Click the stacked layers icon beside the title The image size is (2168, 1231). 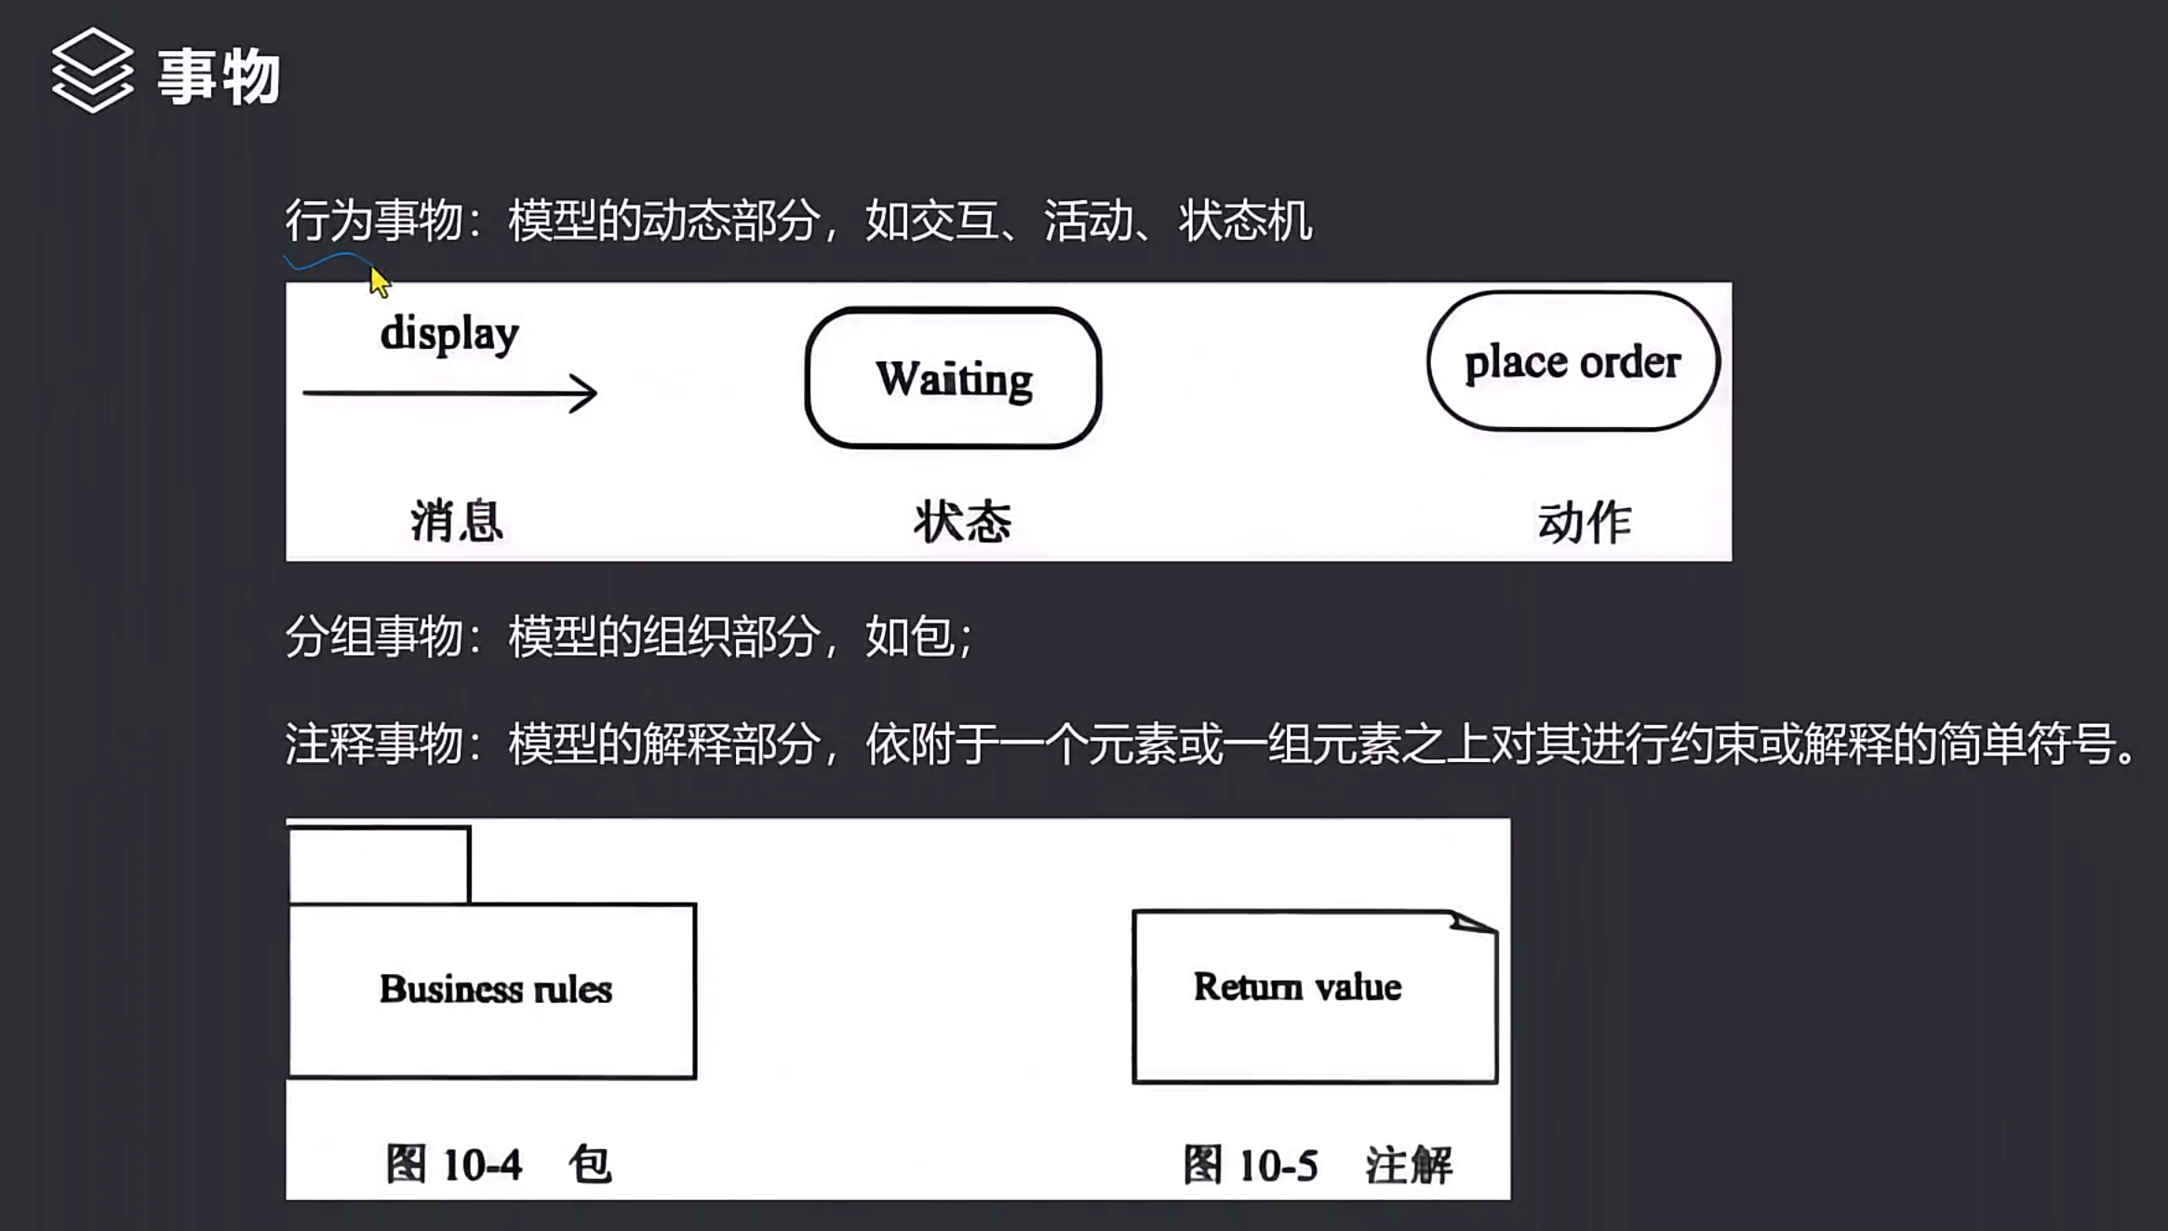click(92, 71)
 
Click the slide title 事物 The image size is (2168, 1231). click(219, 76)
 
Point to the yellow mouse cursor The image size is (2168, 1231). click(379, 281)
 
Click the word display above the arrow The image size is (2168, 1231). click(449, 333)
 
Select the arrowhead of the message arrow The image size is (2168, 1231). click(585, 394)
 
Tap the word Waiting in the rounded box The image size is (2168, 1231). click(954, 379)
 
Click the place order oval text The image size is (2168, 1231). click(1572, 362)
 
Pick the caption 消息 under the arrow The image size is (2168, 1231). click(457, 520)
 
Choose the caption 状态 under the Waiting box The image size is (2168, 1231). click(962, 521)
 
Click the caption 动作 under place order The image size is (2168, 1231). click(1584, 522)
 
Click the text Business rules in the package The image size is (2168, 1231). click(495, 989)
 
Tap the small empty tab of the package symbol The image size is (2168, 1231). click(380, 865)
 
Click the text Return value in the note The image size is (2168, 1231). click(1297, 986)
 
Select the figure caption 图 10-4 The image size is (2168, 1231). click(454, 1164)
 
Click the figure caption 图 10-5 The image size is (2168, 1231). click(1251, 1165)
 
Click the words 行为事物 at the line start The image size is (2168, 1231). click(373, 221)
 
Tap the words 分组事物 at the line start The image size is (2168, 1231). click(373, 637)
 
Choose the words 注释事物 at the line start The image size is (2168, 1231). click(373, 744)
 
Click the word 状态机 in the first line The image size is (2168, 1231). click(1245, 221)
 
